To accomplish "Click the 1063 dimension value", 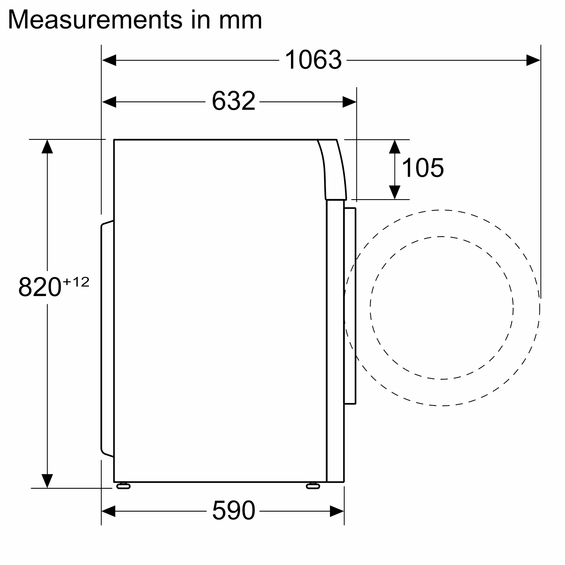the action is click(x=313, y=60).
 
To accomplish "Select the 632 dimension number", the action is click(x=233, y=101).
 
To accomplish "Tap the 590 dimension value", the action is click(x=233, y=510).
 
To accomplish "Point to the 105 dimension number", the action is click(x=423, y=168).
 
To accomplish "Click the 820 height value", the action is click(x=40, y=287).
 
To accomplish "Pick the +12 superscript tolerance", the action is click(x=76, y=282).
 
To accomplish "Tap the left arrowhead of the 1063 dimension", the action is click(x=109, y=60).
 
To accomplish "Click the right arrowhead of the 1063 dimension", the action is click(x=533, y=60).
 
